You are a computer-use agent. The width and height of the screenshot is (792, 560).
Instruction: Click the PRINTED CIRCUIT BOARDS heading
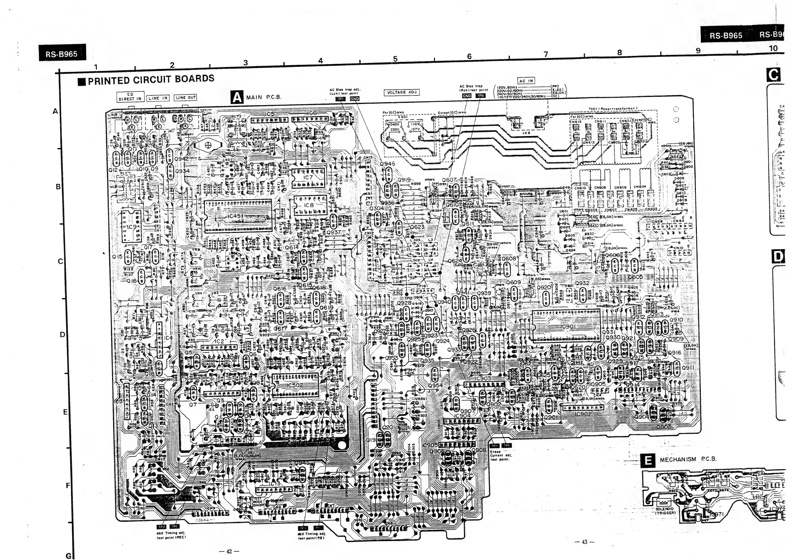pos(151,80)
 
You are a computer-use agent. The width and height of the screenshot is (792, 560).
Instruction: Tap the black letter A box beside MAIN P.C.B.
pos(237,97)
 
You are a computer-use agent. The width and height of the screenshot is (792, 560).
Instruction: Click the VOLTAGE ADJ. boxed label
pos(401,92)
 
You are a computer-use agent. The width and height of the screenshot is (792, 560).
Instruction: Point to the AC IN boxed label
pos(526,81)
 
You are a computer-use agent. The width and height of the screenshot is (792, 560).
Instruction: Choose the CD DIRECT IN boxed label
pos(130,96)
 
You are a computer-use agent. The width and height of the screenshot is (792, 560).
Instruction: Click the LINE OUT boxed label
pos(186,97)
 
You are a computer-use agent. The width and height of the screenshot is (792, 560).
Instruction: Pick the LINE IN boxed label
pos(158,98)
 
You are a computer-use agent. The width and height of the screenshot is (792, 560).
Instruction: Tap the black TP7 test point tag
pos(340,99)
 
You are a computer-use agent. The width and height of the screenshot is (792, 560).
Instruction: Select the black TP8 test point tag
pos(480,96)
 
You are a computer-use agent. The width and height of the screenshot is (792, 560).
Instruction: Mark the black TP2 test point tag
pos(161,526)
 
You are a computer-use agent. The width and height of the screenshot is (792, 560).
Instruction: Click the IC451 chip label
pos(236,216)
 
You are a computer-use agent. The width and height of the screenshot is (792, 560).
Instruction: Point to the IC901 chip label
pos(568,327)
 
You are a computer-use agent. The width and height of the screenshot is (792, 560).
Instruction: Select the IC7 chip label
pos(308,177)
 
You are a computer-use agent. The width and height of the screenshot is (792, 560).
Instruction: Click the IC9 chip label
pos(131,227)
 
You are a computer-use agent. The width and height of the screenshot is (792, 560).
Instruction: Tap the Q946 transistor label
pos(388,164)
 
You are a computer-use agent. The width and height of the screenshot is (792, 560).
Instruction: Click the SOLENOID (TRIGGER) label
pos(665,511)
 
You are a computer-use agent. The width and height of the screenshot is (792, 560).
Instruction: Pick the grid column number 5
pos(395,59)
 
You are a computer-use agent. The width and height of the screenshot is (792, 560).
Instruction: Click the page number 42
pos(229,551)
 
